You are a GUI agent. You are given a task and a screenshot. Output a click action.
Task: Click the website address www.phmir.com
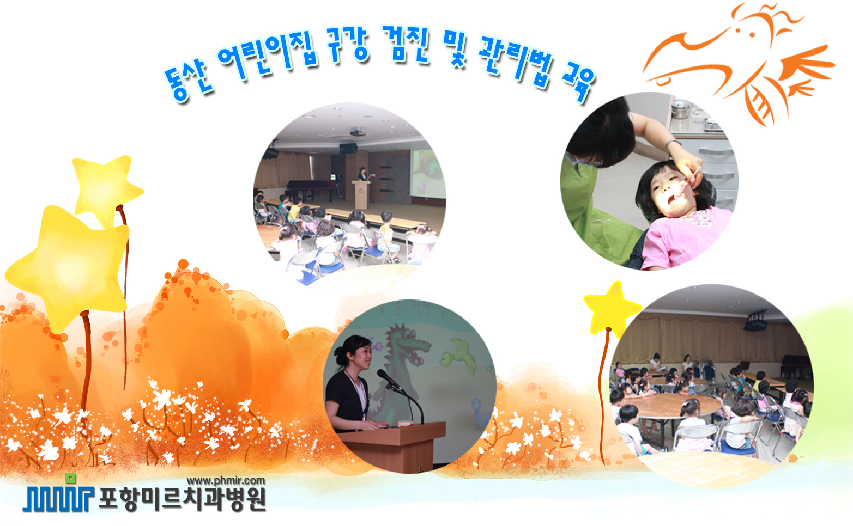coord(226,481)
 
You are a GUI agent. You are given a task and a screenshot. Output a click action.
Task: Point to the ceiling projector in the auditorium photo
coord(357,132)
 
